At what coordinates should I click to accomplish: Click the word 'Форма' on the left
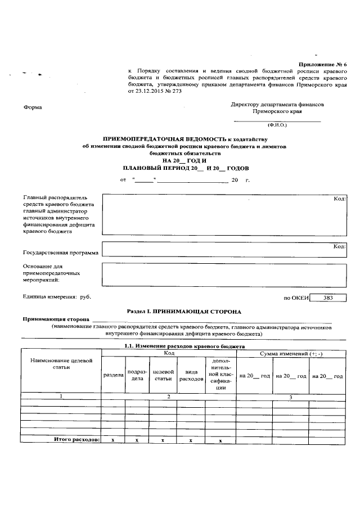tap(31, 107)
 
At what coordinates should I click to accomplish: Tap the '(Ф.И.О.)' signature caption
tap(277, 125)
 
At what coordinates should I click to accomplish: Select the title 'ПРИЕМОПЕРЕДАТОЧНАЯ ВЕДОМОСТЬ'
tap(164, 138)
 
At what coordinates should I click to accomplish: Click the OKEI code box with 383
tap(328, 298)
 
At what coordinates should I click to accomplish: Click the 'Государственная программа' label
tap(60, 253)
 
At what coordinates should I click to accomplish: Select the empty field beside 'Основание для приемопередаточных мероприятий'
tap(224, 275)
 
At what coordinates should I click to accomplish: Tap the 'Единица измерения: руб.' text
tap(56, 296)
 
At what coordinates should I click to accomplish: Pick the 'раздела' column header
tap(112, 375)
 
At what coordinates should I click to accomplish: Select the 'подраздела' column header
tap(137, 375)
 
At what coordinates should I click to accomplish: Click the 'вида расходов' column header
tap(191, 375)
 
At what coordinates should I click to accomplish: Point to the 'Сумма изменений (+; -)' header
tap(290, 353)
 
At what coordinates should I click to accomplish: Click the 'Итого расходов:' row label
tap(76, 439)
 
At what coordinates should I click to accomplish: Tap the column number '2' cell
tap(168, 396)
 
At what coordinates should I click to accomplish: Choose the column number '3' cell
tap(290, 397)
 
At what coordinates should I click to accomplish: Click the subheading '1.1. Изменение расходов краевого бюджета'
tap(184, 346)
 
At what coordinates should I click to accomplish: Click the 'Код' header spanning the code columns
tap(168, 353)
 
